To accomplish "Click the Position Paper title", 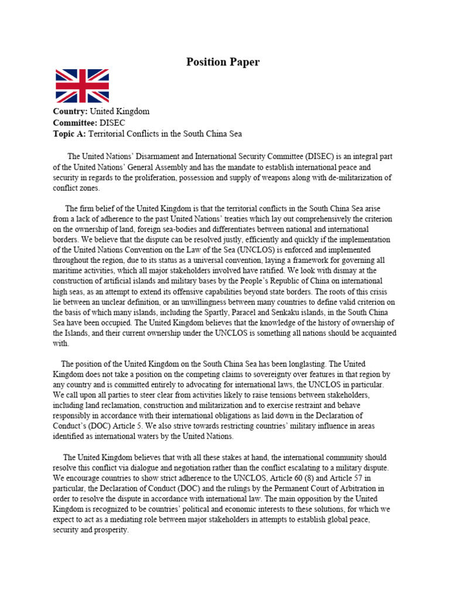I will [x=223, y=62].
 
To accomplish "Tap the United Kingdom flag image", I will [x=82, y=86].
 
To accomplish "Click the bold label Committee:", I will [x=76, y=122].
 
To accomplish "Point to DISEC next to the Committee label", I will [x=114, y=122].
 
